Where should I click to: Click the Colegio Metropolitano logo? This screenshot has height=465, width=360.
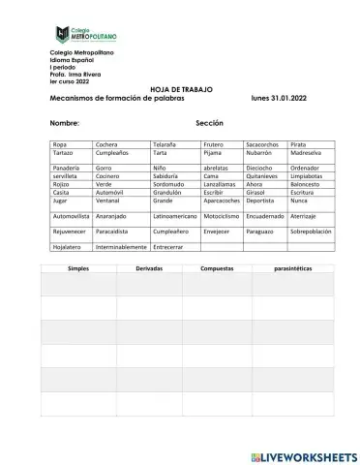[x=88, y=34]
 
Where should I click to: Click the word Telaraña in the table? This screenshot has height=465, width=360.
[x=165, y=143]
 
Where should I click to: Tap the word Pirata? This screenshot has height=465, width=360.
[x=301, y=143]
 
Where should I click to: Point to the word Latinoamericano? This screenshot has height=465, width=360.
[x=175, y=216]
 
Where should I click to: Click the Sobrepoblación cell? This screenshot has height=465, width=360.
[x=310, y=232]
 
